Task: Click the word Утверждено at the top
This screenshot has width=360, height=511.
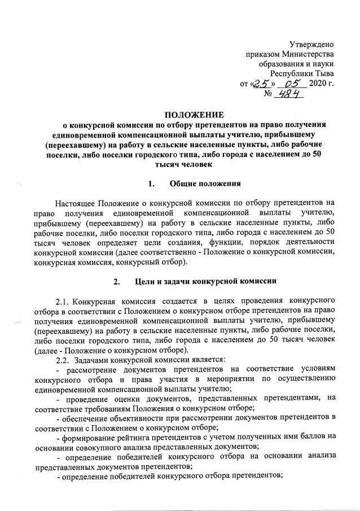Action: tap(311, 44)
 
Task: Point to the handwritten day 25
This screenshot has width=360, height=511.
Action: tap(261, 84)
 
